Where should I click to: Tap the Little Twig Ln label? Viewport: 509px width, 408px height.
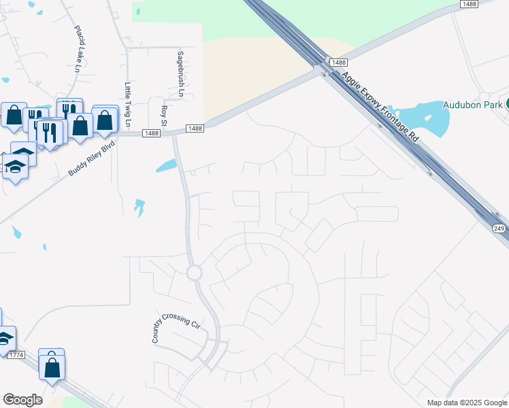point(127,105)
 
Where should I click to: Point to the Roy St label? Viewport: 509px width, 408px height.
point(163,116)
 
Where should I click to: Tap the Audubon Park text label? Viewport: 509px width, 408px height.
point(472,105)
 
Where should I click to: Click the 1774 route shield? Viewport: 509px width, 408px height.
point(16,355)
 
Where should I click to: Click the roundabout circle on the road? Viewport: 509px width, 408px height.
point(195,273)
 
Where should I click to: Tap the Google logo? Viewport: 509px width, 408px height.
point(22,400)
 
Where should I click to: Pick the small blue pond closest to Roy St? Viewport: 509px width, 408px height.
point(167,165)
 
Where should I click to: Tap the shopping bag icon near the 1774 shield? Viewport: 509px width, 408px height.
point(51,367)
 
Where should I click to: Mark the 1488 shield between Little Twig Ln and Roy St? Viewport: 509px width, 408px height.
point(152,133)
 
